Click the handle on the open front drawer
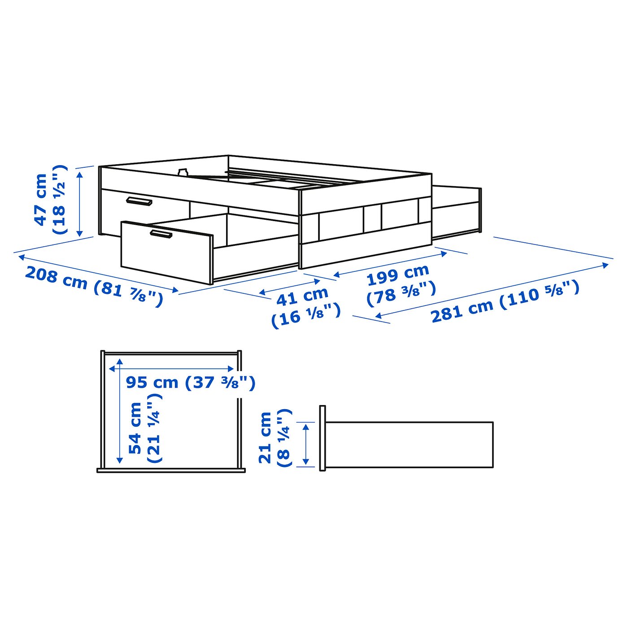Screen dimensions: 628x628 click(161, 234)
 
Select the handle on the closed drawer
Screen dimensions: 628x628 click(139, 201)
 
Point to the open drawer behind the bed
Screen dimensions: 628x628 click(457, 211)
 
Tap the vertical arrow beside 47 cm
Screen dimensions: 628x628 click(80, 204)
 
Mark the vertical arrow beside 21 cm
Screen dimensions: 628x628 click(306, 444)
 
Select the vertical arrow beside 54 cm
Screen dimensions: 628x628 click(119, 411)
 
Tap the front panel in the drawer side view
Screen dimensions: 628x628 click(323, 438)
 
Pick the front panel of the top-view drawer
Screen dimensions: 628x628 click(171, 470)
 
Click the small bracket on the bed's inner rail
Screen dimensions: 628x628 click(183, 172)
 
